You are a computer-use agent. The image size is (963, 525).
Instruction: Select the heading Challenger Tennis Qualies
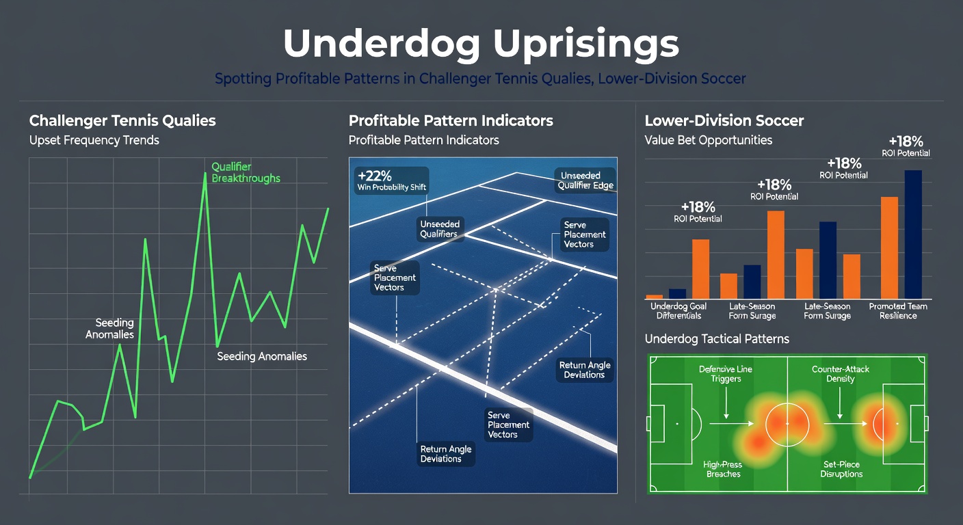pyautogui.click(x=122, y=121)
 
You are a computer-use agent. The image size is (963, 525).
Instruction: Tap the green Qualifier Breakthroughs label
pyautogui.click(x=246, y=172)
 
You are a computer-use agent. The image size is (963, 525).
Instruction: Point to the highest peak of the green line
pyautogui.click(x=205, y=174)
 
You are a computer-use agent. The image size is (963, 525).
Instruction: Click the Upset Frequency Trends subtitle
pyautogui.click(x=94, y=140)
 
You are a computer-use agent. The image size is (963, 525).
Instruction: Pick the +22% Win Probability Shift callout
pyautogui.click(x=392, y=180)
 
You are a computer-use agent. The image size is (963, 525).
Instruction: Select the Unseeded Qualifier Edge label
pyautogui.click(x=585, y=180)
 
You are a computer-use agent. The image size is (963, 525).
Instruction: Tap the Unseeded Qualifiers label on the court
pyautogui.click(x=440, y=229)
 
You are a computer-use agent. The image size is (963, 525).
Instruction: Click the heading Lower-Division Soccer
pyautogui.click(x=724, y=121)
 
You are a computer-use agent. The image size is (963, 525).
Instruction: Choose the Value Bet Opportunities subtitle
pyautogui.click(x=708, y=140)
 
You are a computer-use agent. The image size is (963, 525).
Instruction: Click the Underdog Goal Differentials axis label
pyautogui.click(x=678, y=311)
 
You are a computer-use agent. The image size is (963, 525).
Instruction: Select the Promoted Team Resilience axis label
pyautogui.click(x=898, y=311)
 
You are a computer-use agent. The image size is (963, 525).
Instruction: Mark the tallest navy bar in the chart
pyautogui.click(x=913, y=234)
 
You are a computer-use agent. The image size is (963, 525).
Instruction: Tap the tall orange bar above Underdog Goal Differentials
pyautogui.click(x=701, y=269)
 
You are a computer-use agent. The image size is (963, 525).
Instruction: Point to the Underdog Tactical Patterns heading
pyautogui.click(x=717, y=339)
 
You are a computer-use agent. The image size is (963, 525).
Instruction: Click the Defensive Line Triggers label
pyautogui.click(x=726, y=374)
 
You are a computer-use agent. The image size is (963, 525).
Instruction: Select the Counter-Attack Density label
pyautogui.click(x=841, y=374)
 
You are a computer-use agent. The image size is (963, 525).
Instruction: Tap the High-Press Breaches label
pyautogui.click(x=723, y=469)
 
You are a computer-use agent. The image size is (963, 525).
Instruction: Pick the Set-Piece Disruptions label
pyautogui.click(x=841, y=469)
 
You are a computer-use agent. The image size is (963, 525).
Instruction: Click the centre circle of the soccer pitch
pyautogui.click(x=766, y=424)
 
